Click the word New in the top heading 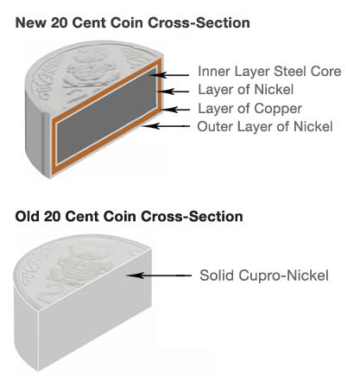click(30, 22)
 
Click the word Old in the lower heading click(27, 216)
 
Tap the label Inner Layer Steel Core click(269, 72)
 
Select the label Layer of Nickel click(246, 90)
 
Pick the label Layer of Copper click(249, 109)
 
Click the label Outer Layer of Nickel click(265, 126)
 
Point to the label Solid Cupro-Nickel click(264, 275)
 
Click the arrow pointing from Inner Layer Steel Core click(170, 75)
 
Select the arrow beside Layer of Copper click(175, 110)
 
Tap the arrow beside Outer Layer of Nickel click(167, 126)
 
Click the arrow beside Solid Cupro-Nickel click(160, 275)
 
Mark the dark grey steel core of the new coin click(106, 115)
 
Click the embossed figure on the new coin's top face click(88, 72)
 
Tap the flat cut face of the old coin click(95, 309)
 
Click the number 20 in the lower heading click(52, 216)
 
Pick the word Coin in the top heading click(127, 22)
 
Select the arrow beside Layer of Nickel click(175, 92)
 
